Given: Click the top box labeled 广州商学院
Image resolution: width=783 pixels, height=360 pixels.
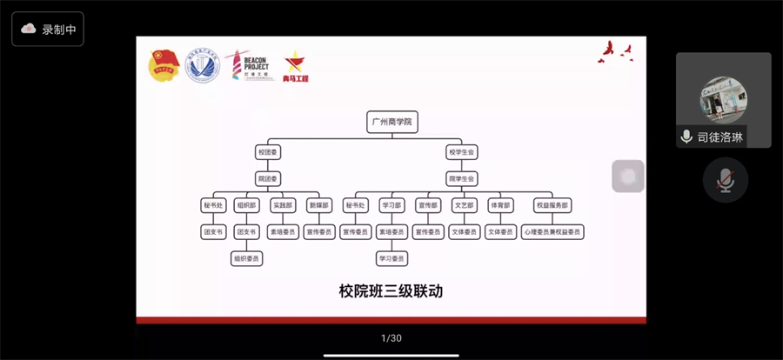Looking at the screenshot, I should [392, 122].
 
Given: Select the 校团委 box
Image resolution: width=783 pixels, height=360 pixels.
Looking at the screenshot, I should [267, 152].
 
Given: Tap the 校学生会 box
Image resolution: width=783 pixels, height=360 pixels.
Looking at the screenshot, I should [462, 152].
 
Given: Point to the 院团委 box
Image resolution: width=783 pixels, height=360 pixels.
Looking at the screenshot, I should [267, 178].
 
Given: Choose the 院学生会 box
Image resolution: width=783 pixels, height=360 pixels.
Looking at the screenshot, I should [462, 178].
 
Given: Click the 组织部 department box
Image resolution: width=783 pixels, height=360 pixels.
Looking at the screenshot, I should [247, 206].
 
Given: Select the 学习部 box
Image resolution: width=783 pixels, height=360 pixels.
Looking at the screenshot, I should [391, 206].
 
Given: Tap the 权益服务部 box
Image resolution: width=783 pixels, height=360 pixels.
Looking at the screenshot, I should [552, 206].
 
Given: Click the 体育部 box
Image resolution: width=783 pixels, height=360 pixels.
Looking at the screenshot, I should [500, 206].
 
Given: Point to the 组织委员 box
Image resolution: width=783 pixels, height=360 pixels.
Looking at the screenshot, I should [247, 258].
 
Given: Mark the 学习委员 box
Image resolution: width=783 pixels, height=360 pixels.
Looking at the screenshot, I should [391, 258].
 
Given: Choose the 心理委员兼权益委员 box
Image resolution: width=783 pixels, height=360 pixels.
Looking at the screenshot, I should [552, 232].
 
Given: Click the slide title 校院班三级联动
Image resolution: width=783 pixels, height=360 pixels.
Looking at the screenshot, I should [391, 291].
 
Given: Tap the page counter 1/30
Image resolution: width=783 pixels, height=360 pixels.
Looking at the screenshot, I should [391, 338].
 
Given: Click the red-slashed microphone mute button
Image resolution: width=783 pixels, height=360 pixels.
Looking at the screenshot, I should [725, 181].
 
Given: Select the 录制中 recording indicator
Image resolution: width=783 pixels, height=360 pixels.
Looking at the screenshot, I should [49, 29].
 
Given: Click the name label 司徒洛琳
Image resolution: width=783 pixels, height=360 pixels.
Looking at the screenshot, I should [720, 137].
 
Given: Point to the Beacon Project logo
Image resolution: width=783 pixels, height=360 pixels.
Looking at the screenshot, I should [250, 66].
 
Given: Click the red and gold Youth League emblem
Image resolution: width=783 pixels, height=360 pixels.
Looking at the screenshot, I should [164, 66].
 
